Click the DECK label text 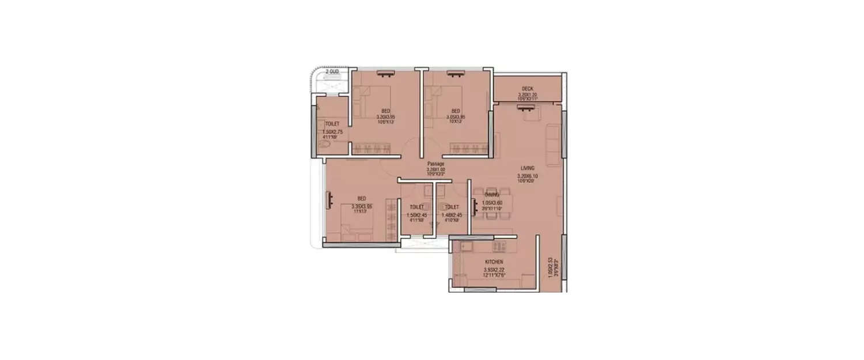pyautogui.click(x=527, y=89)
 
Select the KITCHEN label pyautogui.click(x=494, y=262)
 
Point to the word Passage pyautogui.click(x=435, y=164)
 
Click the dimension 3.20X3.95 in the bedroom pyautogui.click(x=385, y=116)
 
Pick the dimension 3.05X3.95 pyautogui.click(x=455, y=116)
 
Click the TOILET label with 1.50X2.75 pyautogui.click(x=332, y=124)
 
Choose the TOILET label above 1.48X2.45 pyautogui.click(x=452, y=207)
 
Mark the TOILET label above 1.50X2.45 pyautogui.click(x=416, y=207)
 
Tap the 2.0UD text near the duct pyautogui.click(x=332, y=72)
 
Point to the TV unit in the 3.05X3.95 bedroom pyautogui.click(x=455, y=73)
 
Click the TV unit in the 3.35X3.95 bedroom pyautogui.click(x=330, y=199)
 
